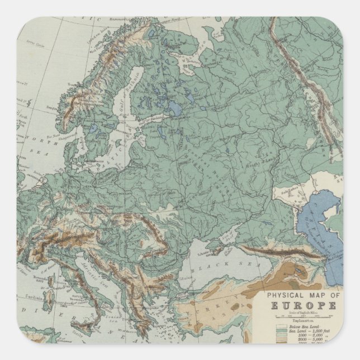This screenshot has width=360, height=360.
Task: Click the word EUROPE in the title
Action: pyautogui.click(x=304, y=305)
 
